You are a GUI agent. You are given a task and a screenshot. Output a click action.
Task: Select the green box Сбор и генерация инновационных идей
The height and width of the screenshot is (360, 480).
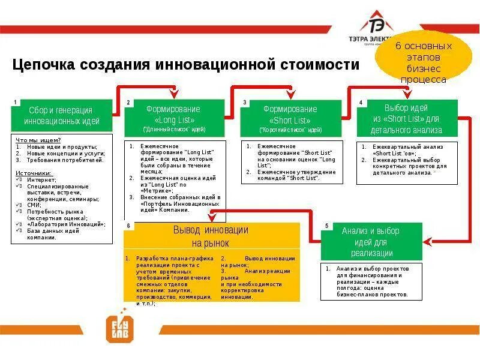pos(62,115)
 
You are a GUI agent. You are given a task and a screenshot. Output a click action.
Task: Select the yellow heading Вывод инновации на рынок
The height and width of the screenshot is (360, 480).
pos(211,236)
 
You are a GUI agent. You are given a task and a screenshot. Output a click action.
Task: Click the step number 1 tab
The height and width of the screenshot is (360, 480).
pos(15,102)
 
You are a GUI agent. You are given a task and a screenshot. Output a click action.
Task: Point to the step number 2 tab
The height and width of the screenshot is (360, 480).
pos(128,102)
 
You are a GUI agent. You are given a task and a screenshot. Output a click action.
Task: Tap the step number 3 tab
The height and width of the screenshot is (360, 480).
pos(245,103)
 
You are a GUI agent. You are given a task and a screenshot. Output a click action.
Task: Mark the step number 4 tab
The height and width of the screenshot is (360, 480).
pos(361,102)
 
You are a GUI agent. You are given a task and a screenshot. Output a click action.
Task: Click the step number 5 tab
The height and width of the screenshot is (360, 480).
pos(326,226)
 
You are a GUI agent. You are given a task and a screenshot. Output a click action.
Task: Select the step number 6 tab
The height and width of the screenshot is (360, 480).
pos(128,226)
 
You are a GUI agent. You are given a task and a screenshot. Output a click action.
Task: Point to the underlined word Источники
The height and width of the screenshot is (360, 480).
pos(33,173)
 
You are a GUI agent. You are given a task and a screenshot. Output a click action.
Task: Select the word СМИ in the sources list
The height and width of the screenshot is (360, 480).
pos(32,205)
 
